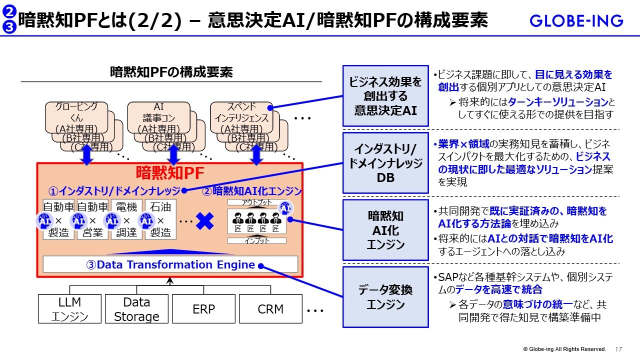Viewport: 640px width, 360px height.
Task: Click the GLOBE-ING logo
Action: (x=576, y=21)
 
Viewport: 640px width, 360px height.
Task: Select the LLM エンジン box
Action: (x=69, y=309)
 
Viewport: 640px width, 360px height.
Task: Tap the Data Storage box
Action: (x=136, y=309)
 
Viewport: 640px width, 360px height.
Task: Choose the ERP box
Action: (x=203, y=309)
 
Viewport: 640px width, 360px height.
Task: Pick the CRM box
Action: (x=270, y=309)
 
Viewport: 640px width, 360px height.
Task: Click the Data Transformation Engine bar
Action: (x=170, y=264)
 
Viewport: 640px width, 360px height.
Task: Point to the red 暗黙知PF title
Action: (x=170, y=173)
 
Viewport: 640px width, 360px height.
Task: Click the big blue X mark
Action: (x=205, y=220)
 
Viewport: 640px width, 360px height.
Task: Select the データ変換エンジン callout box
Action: (x=385, y=297)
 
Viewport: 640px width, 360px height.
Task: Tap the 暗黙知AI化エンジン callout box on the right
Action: (x=385, y=230)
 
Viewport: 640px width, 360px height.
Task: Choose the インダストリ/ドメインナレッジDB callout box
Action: (x=385, y=163)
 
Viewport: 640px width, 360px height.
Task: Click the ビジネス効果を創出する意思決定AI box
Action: (x=385, y=96)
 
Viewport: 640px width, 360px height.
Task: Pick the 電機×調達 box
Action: (x=126, y=219)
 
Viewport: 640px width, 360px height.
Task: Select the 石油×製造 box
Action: (x=160, y=219)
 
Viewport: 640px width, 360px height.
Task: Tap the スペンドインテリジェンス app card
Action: (x=241, y=118)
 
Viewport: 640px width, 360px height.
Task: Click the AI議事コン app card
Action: (x=158, y=118)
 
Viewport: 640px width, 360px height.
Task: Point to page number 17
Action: (x=618, y=349)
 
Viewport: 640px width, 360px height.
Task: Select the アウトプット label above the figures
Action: (x=257, y=202)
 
